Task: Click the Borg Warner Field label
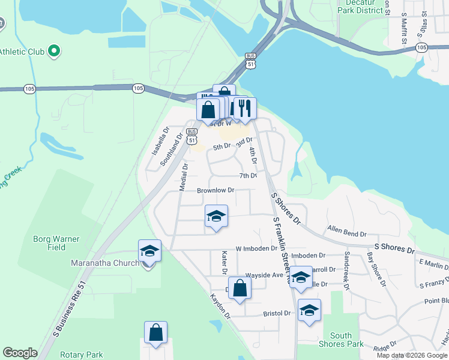(56, 243)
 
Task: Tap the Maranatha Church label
(104, 263)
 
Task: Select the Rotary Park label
(86, 355)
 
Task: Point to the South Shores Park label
(341, 340)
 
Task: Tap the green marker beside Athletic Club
(53, 51)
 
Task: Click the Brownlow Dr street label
(215, 191)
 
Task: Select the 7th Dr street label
(248, 176)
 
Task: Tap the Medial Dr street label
(182, 179)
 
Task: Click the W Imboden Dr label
(256, 248)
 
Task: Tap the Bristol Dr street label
(277, 313)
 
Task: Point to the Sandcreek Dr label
(346, 269)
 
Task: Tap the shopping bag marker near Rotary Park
(155, 332)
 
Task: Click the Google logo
(20, 353)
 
